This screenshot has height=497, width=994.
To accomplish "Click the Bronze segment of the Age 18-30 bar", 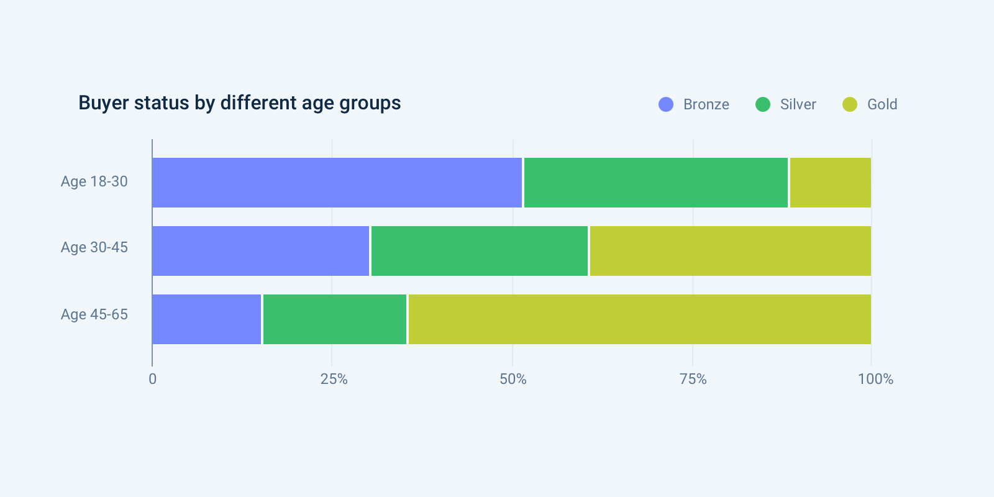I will coord(337,183).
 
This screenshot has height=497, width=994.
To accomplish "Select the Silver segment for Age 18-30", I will coord(655,183).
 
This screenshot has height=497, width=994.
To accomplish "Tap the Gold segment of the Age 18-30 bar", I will coord(830,183).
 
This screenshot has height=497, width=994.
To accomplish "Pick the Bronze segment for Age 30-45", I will coord(260,251).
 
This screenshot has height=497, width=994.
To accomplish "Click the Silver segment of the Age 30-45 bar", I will coord(479,251).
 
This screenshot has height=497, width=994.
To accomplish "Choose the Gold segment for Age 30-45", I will coord(730,251).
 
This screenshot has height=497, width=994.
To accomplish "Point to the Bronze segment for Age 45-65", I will coord(206,319).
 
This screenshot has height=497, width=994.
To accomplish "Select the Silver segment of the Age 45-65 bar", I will coord(334,319).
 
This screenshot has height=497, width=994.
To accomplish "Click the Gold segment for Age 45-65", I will coord(639,319).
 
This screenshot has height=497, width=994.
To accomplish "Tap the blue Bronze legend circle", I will coord(666,104).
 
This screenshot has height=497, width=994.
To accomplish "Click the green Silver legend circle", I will coord(763,104).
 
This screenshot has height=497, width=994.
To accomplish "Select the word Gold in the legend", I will coord(882,104).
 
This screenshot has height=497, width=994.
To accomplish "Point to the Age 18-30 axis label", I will coord(94,181).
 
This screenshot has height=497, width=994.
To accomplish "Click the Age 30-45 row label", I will coord(94,247).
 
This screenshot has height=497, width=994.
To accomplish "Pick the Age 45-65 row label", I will coord(94,314).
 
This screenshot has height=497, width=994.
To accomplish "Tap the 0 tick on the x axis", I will coord(153,379).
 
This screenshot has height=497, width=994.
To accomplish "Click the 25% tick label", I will coord(334,379).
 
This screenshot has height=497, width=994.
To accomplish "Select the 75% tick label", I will coord(693,379).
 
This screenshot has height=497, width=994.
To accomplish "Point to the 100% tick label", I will coord(875,379).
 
